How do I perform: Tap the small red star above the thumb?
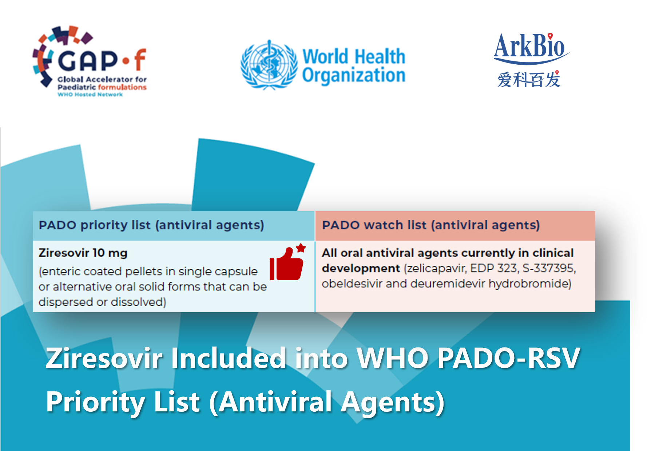[301, 248]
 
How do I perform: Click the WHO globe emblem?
[269, 65]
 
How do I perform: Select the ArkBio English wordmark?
[531, 47]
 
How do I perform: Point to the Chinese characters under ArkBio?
[529, 80]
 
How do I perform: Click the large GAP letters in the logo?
[88, 60]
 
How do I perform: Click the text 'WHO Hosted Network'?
[90, 94]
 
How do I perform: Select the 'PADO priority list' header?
[151, 225]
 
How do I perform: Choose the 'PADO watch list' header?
[431, 225]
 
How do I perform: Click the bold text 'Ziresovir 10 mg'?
[83, 253]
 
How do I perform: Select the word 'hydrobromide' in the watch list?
[530, 284]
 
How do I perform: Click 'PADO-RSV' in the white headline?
[508, 358]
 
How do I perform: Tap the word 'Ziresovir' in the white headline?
[104, 358]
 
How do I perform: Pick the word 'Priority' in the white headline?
[96, 403]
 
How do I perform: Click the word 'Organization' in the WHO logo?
[354, 76]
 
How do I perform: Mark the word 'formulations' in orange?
[122, 87]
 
